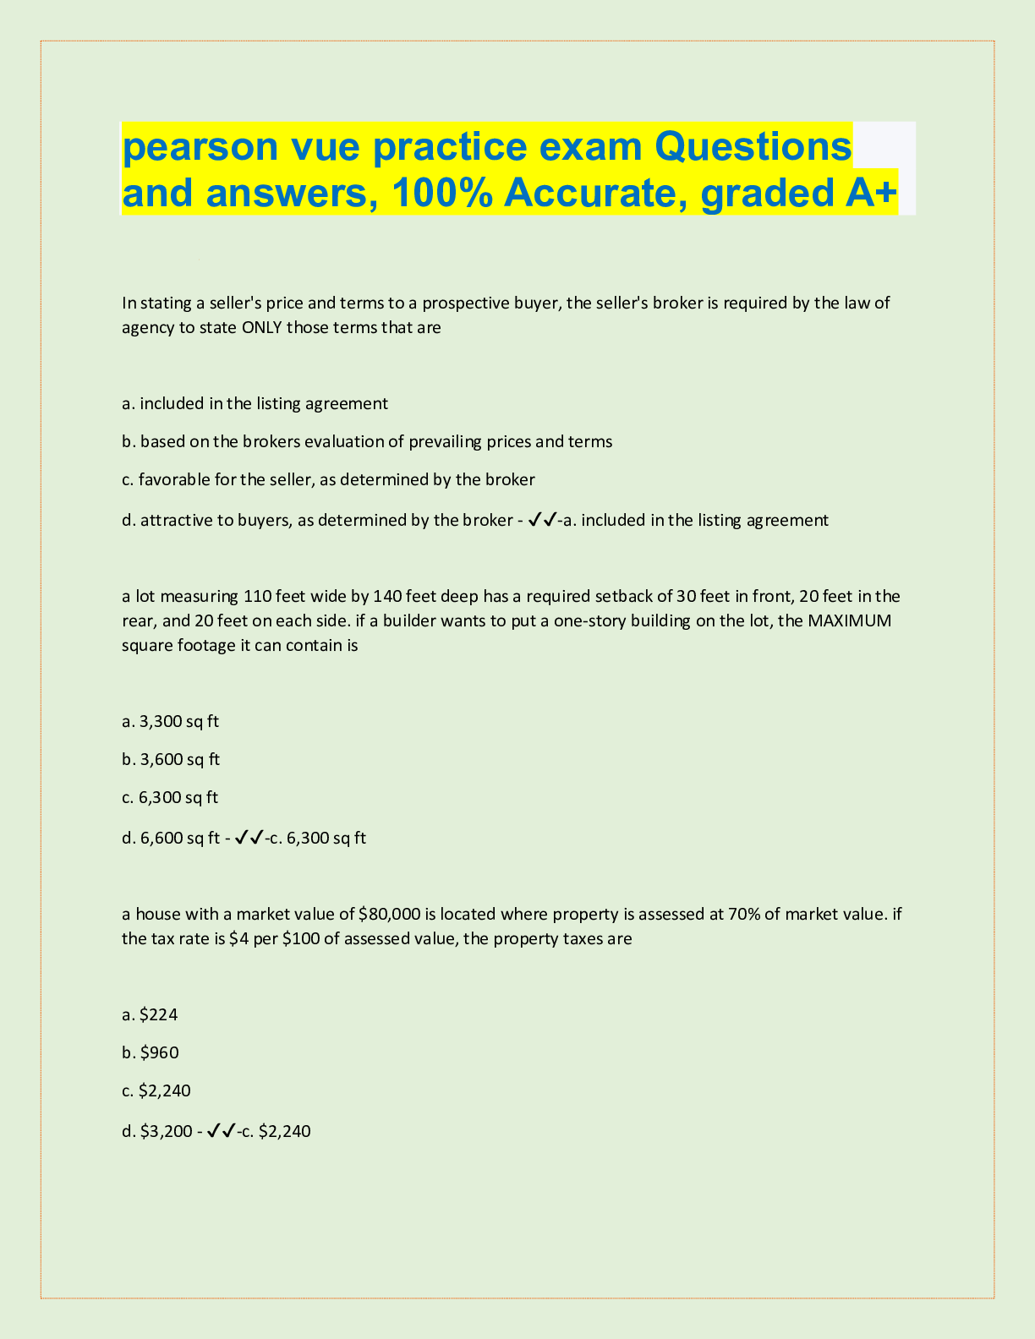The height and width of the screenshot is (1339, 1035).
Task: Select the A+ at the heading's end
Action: click(x=870, y=194)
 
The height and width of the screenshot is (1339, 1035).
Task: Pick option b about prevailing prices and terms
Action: click(x=367, y=441)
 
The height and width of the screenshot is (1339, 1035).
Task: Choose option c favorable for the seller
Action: click(x=328, y=480)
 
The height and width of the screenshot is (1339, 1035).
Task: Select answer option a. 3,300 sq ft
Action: click(x=170, y=721)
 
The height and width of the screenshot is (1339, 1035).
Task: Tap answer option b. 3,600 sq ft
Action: click(x=170, y=759)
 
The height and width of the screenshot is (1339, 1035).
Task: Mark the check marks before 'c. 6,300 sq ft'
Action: click(x=249, y=838)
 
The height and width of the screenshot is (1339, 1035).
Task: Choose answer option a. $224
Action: click(x=150, y=1014)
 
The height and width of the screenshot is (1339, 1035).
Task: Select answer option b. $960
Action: click(x=151, y=1052)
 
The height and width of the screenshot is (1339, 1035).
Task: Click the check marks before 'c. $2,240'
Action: click(x=221, y=1131)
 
